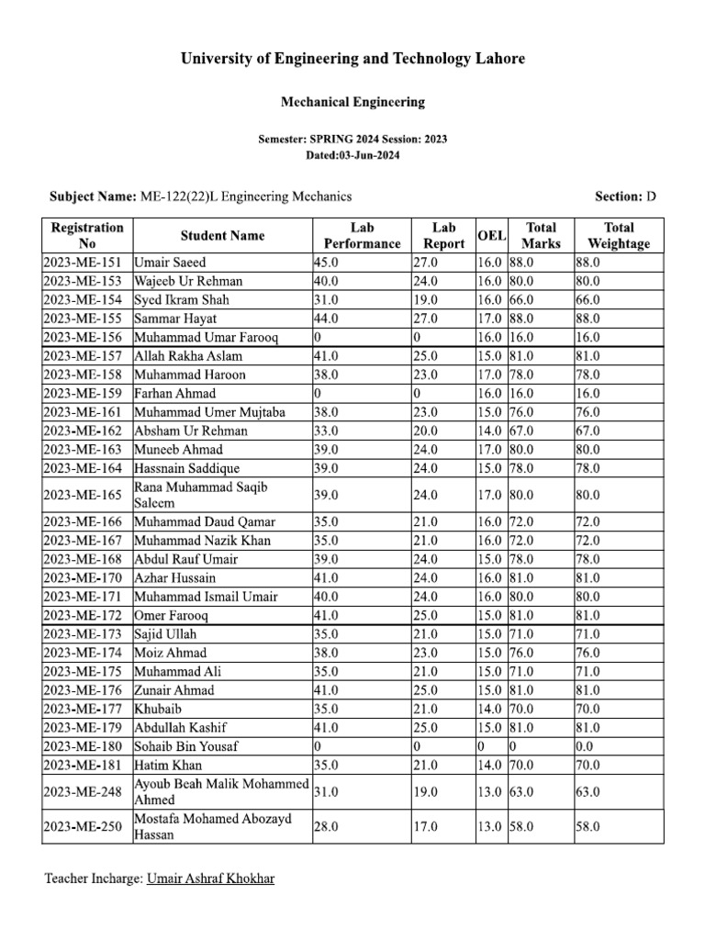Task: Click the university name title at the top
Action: point(352,59)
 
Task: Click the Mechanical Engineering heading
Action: point(352,102)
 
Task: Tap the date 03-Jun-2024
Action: point(352,155)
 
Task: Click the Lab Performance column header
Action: point(362,235)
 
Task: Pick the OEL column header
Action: point(491,236)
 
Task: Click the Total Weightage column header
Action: point(618,235)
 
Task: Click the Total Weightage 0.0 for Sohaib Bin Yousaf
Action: point(587,746)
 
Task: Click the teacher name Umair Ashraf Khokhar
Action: point(210,878)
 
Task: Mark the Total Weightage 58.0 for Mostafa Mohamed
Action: point(587,827)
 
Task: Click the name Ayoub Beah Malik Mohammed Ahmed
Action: point(220,791)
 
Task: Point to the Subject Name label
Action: point(91,196)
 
